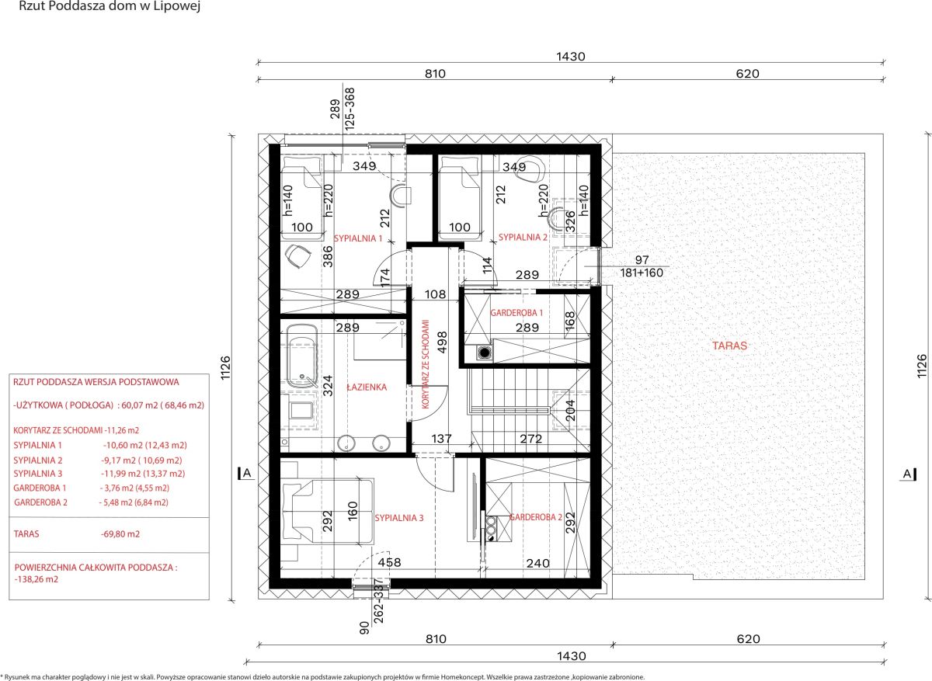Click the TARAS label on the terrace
[x=729, y=346]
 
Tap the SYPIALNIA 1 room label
[x=358, y=238]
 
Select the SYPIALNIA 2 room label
[x=523, y=237]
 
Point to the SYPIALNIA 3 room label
[x=399, y=518]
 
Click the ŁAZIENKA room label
[x=367, y=387]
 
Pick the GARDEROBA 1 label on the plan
[x=516, y=313]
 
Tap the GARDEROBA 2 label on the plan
[x=536, y=517]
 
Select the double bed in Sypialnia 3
[x=328, y=511]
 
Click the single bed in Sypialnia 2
[x=460, y=197]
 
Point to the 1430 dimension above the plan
[x=571, y=57]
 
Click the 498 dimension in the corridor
[x=442, y=342]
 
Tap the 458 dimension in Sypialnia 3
[x=389, y=562]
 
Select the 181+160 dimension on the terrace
[x=642, y=273]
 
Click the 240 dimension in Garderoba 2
[x=538, y=563]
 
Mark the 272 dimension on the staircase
[x=531, y=439]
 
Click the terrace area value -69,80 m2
[x=120, y=534]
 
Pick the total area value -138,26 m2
[x=37, y=579]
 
